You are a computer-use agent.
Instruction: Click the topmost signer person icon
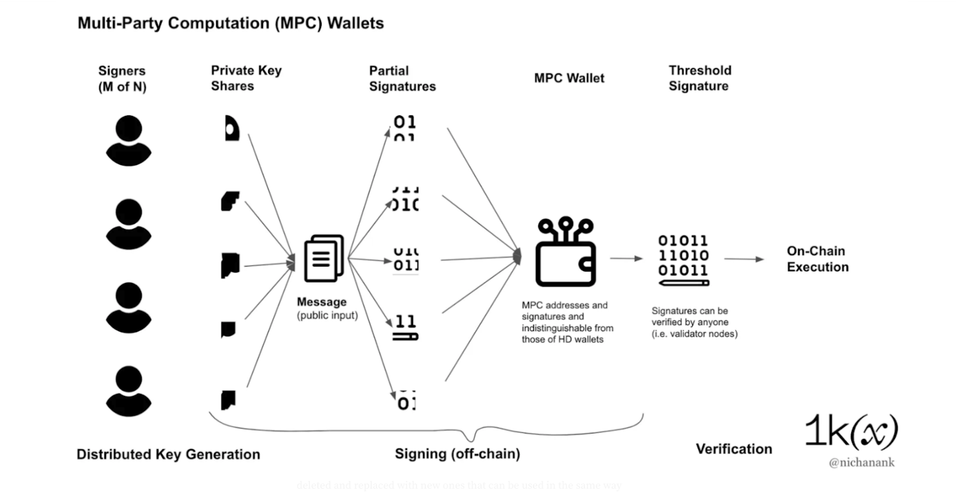pyautogui.click(x=128, y=141)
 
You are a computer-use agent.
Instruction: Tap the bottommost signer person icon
pyautogui.click(x=128, y=391)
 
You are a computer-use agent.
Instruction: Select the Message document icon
pyautogui.click(x=324, y=258)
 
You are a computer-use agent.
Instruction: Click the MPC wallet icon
pyautogui.click(x=565, y=252)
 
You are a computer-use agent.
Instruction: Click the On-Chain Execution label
pyautogui.click(x=817, y=259)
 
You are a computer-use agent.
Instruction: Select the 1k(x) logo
pyautogui.click(x=851, y=431)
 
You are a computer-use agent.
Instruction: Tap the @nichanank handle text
pyautogui.click(x=861, y=462)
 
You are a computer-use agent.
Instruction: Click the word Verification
pyautogui.click(x=734, y=449)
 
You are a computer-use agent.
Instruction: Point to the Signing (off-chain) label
pyautogui.click(x=457, y=454)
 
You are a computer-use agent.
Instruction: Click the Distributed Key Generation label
pyautogui.click(x=168, y=455)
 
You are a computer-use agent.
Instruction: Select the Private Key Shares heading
pyautogui.click(x=246, y=78)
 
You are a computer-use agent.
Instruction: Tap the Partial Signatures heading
pyautogui.click(x=402, y=78)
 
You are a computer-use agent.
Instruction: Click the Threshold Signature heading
pyautogui.click(x=700, y=78)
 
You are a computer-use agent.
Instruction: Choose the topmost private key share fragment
pyautogui.click(x=232, y=129)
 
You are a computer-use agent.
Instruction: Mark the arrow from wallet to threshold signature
pyautogui.click(x=626, y=259)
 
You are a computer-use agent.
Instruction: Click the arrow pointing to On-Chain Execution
pyautogui.click(x=744, y=259)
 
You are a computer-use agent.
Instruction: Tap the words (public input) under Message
pyautogui.click(x=327, y=315)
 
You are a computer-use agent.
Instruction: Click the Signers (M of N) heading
pyautogui.click(x=122, y=79)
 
